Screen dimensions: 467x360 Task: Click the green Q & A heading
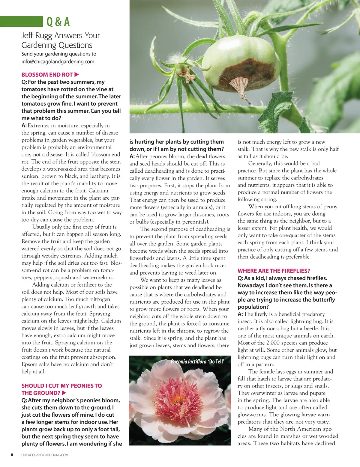[58, 22]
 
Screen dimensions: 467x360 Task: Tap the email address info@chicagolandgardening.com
[58, 62]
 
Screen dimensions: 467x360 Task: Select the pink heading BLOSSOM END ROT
[47, 75]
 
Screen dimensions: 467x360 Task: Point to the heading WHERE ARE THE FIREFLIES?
[274, 271]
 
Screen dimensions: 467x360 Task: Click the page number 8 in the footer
[12, 455]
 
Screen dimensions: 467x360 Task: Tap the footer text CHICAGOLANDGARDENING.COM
[44, 455]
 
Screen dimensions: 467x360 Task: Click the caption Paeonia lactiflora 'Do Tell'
[197, 361]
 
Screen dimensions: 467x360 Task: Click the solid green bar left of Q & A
[21, 22]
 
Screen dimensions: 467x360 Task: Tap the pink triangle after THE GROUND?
[64, 393]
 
